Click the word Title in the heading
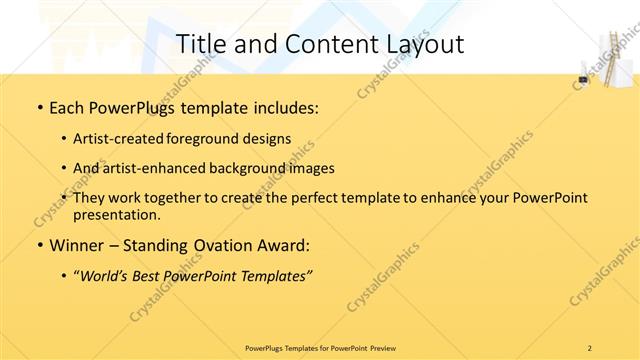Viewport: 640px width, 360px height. click(200, 43)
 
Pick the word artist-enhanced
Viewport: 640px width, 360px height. click(154, 168)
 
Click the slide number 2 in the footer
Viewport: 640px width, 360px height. click(589, 347)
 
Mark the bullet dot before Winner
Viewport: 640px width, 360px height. click(39, 245)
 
